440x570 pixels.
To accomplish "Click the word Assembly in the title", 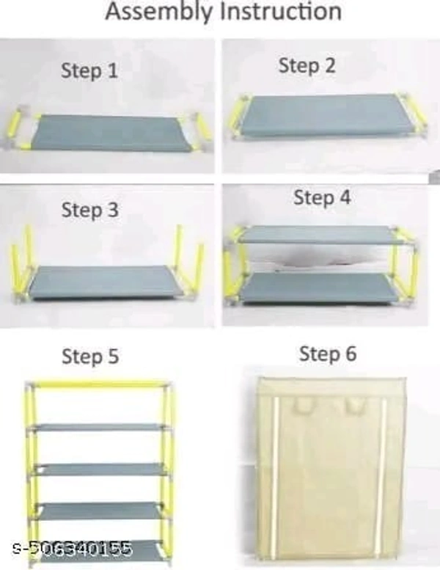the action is pos(158,12).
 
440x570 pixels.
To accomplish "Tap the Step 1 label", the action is pos(89,70).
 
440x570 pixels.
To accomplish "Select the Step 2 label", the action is pos(307,66).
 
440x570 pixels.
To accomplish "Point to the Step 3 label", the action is pos(89,210).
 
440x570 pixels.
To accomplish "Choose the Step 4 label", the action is pos(322,197).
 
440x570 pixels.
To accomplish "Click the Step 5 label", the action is pos(90,356).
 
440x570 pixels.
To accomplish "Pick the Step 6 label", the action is pos(328,354).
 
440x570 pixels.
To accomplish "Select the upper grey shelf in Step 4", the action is pos(320,235).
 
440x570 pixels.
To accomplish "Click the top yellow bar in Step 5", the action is pos(98,384).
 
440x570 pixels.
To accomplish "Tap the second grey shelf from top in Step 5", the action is pos(99,469).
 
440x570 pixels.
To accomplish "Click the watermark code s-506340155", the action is pos(72,548).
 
